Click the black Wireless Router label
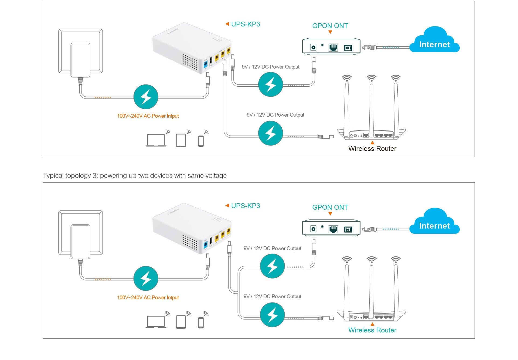372,148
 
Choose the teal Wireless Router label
372,330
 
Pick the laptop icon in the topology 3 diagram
156,322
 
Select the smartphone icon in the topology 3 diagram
201,322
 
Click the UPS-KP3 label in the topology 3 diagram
245,206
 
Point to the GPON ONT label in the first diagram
330,26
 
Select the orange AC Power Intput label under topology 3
148,297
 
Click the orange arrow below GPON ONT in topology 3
330,214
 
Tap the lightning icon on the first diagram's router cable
270,133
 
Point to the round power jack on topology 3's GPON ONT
313,229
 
